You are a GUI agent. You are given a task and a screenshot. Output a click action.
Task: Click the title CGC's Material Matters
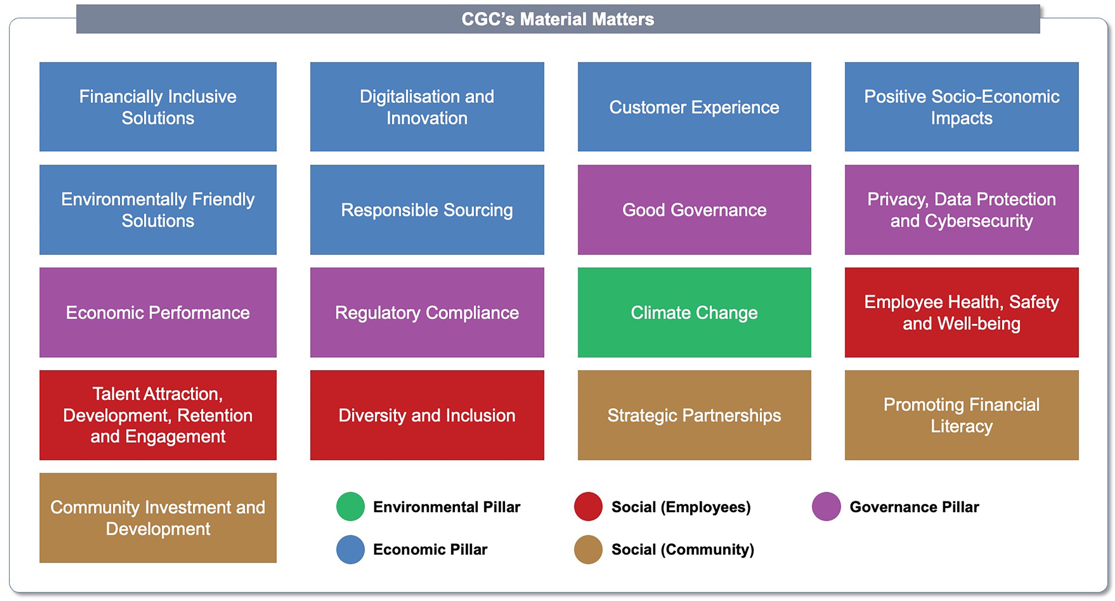coord(558,19)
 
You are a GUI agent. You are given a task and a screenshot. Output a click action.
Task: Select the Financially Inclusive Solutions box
coord(158,107)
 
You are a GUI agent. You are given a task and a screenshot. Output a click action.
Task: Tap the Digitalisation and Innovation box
coord(427,107)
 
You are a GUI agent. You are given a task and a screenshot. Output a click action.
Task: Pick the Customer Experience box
coord(694,107)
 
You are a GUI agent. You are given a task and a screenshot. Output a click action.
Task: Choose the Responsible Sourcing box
coord(427,210)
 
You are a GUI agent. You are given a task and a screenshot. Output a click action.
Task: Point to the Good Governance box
coord(694,210)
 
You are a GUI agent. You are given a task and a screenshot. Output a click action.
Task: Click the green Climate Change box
coord(694,313)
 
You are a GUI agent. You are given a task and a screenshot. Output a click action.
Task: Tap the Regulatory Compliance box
coord(427,313)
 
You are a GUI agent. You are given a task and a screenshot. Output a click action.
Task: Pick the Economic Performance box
coord(158,313)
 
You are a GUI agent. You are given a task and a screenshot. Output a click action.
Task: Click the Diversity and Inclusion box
coord(427,415)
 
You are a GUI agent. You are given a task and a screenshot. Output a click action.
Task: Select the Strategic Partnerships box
coord(694,415)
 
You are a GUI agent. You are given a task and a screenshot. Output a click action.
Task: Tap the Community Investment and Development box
coord(158,518)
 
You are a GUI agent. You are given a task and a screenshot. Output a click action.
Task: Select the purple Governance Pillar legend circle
coord(826,506)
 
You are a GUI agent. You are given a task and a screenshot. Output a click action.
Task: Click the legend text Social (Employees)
coord(681,507)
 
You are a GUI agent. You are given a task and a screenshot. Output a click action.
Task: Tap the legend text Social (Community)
coord(682,550)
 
